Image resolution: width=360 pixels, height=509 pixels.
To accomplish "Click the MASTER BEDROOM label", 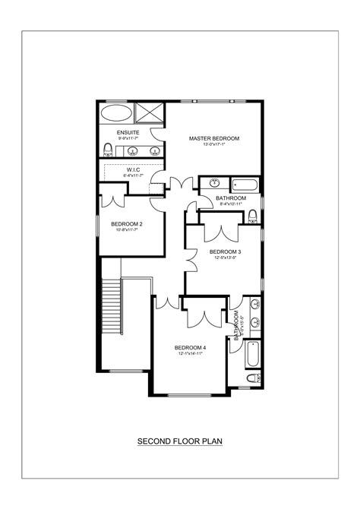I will [x=214, y=138].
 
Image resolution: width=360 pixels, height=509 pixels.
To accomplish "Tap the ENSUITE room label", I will [x=128, y=132].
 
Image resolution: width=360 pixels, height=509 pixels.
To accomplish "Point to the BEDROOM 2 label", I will [x=127, y=223].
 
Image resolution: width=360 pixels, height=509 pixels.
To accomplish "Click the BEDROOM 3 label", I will [x=225, y=251].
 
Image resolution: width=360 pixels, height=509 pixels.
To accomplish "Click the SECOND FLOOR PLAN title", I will [x=179, y=440].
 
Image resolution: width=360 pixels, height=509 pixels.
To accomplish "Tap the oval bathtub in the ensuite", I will [x=116, y=115].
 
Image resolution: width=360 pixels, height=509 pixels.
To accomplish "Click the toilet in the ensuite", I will [x=107, y=149].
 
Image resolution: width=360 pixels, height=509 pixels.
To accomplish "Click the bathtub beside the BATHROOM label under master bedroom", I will [x=245, y=183].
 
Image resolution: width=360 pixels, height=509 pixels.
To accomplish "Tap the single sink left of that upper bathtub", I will [x=214, y=183].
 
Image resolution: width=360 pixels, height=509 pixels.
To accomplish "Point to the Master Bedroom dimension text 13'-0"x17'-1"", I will [x=214, y=144].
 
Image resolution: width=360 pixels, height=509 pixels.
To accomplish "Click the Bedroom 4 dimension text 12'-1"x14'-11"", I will [x=191, y=353].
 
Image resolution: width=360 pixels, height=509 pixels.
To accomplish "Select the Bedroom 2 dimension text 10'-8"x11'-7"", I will [x=127, y=230].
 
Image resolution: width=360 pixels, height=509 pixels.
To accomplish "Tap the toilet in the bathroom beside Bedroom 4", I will [x=254, y=378].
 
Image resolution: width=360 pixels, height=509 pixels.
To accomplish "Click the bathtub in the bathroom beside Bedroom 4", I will [x=253, y=353].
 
